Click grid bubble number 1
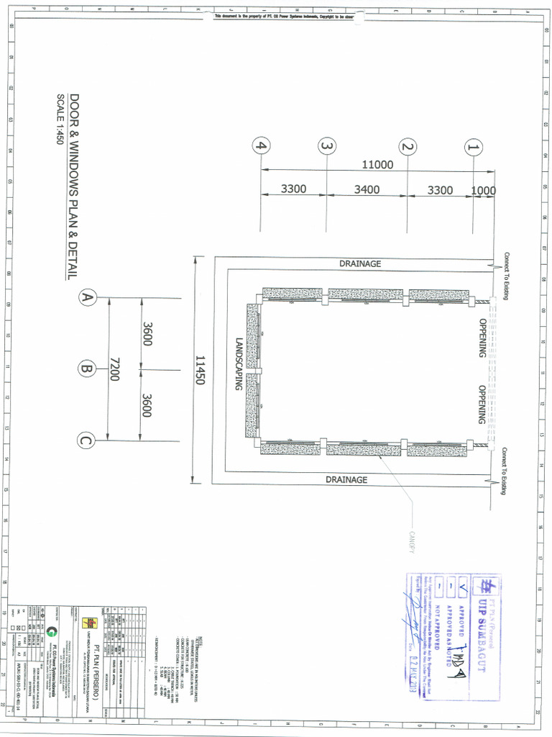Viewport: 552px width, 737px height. pyautogui.click(x=473, y=148)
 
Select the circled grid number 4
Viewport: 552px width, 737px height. pyautogui.click(x=262, y=146)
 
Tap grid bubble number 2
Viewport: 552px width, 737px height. pyautogui.click(x=408, y=148)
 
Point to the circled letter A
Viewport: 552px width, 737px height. pyautogui.click(x=87, y=298)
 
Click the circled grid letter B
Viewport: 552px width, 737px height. pyautogui.click(x=87, y=369)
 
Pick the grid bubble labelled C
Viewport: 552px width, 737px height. pyautogui.click(x=87, y=440)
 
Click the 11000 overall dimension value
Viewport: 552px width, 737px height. pyautogui.click(x=377, y=165)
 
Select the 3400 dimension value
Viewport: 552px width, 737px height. pyautogui.click(x=367, y=190)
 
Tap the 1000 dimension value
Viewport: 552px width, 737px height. pyautogui.click(x=484, y=191)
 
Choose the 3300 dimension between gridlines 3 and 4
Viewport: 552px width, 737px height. pyautogui.click(x=293, y=189)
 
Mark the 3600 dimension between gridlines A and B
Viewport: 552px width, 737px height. pyautogui.click(x=147, y=333)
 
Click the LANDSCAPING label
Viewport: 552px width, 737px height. pyautogui.click(x=239, y=364)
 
